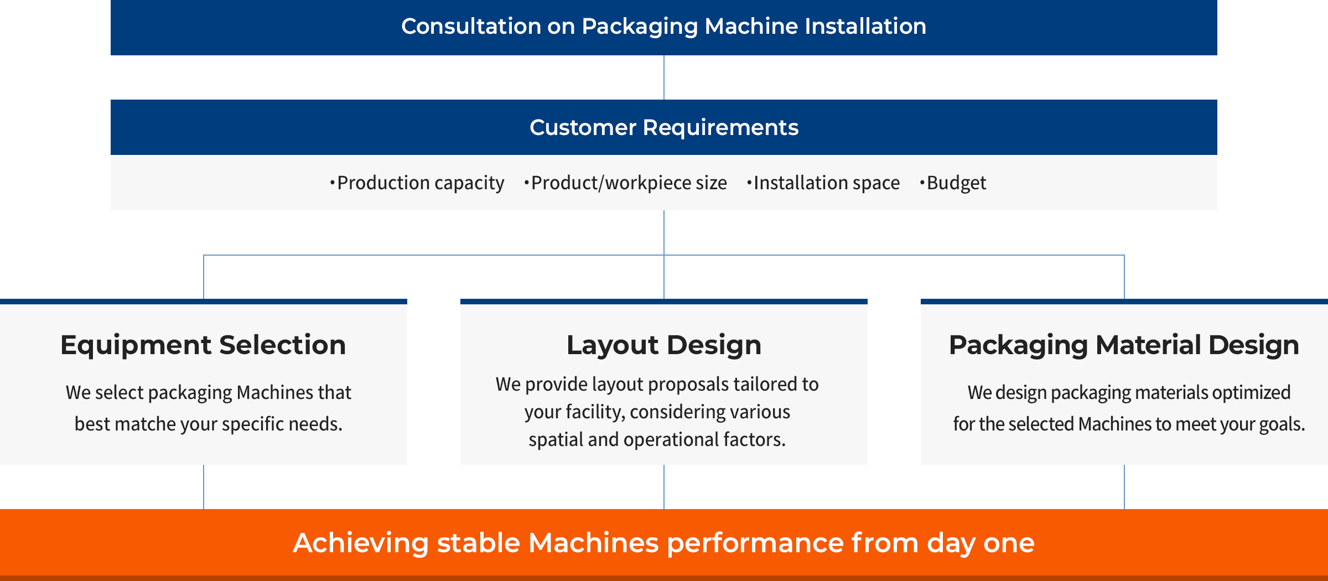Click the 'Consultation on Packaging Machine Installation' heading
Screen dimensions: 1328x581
tap(663, 26)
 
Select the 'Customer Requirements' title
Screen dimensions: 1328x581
tap(664, 127)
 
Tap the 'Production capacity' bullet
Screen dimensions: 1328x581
tap(417, 183)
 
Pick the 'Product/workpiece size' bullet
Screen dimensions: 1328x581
tap(626, 183)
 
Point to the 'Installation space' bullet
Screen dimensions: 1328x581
tap(823, 183)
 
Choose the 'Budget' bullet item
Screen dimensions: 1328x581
tap(953, 183)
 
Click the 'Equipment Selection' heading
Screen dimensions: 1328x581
tap(203, 345)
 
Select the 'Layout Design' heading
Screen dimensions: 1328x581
tap(664, 345)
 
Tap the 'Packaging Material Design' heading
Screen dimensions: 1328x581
tap(1124, 345)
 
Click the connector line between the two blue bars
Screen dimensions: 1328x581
tap(664, 77)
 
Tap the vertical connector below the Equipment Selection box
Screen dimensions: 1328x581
tap(204, 487)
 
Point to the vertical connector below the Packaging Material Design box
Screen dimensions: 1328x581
tap(1124, 487)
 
